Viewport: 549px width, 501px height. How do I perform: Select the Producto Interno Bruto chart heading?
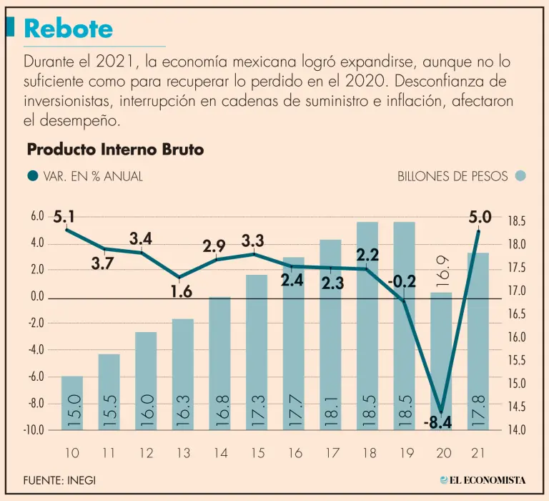(x=115, y=150)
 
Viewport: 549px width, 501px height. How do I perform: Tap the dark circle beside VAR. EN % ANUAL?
(x=32, y=176)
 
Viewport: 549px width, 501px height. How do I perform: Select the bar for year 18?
(x=367, y=326)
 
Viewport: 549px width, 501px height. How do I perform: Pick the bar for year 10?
(x=72, y=402)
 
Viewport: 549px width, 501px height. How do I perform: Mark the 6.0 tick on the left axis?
(x=37, y=216)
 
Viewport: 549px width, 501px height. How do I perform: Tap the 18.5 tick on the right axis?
(x=517, y=222)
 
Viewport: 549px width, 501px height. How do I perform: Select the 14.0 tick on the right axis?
(x=517, y=430)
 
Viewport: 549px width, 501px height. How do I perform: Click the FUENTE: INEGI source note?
(x=59, y=480)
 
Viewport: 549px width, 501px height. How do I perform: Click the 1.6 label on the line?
(x=182, y=291)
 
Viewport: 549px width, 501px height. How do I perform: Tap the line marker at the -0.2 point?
(x=404, y=301)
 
